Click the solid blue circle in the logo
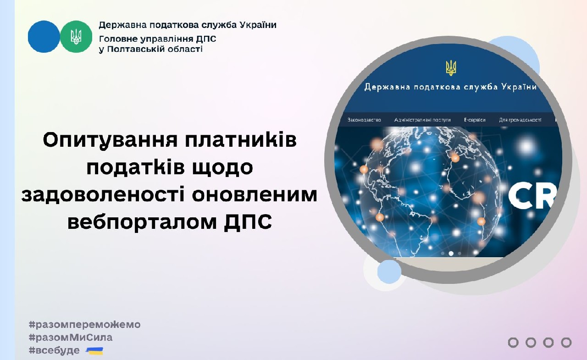click(x=44, y=37)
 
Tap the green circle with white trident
click(x=76, y=37)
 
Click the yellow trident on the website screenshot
click(x=451, y=68)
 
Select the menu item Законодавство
click(x=364, y=120)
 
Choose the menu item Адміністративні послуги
click(x=422, y=120)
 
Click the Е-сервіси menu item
click(x=475, y=120)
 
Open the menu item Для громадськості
click(x=520, y=120)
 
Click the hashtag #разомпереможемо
click(x=84, y=325)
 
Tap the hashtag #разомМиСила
click(x=70, y=338)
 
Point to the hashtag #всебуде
click(x=54, y=351)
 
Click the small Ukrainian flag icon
click(x=94, y=351)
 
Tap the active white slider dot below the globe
click(x=451, y=253)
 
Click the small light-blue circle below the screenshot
click(x=389, y=271)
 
